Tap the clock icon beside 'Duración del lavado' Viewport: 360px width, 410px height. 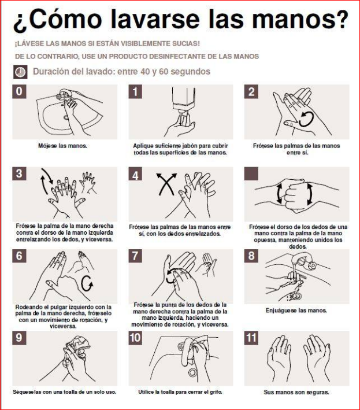pyautogui.click(x=20, y=72)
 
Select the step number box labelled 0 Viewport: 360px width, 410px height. pyautogui.click(x=19, y=91)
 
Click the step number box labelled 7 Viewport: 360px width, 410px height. pyautogui.click(x=135, y=256)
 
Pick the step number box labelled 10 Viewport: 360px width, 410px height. pyautogui.click(x=135, y=338)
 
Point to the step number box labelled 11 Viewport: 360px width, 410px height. pyautogui.click(x=251, y=338)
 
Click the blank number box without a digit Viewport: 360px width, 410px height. pyautogui.click(x=251, y=173)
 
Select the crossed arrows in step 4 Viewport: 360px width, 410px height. pyautogui.click(x=166, y=184)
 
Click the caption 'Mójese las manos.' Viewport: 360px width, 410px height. pyautogui.click(x=63, y=146)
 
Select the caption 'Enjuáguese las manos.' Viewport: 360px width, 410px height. pyautogui.click(x=296, y=311)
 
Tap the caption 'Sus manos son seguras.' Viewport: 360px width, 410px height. pyautogui.click(x=296, y=392)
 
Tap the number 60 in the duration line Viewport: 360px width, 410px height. pyautogui.click(x=164, y=71)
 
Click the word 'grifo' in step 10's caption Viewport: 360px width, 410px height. pyautogui.click(x=216, y=392)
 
